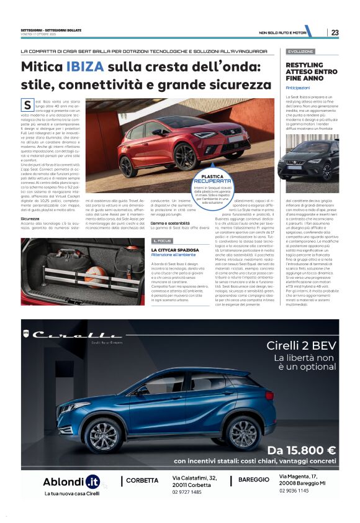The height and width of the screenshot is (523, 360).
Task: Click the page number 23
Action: (335, 32)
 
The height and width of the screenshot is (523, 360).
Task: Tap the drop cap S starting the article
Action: (27, 105)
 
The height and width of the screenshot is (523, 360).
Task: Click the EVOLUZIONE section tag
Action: (301, 52)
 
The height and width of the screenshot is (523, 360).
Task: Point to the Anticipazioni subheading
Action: (297, 88)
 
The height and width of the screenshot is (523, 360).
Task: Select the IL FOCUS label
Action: (163, 240)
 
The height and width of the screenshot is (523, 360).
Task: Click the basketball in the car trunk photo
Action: (94, 274)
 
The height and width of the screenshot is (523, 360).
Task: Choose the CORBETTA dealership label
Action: (142, 480)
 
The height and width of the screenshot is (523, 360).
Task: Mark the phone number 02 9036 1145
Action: (294, 491)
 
